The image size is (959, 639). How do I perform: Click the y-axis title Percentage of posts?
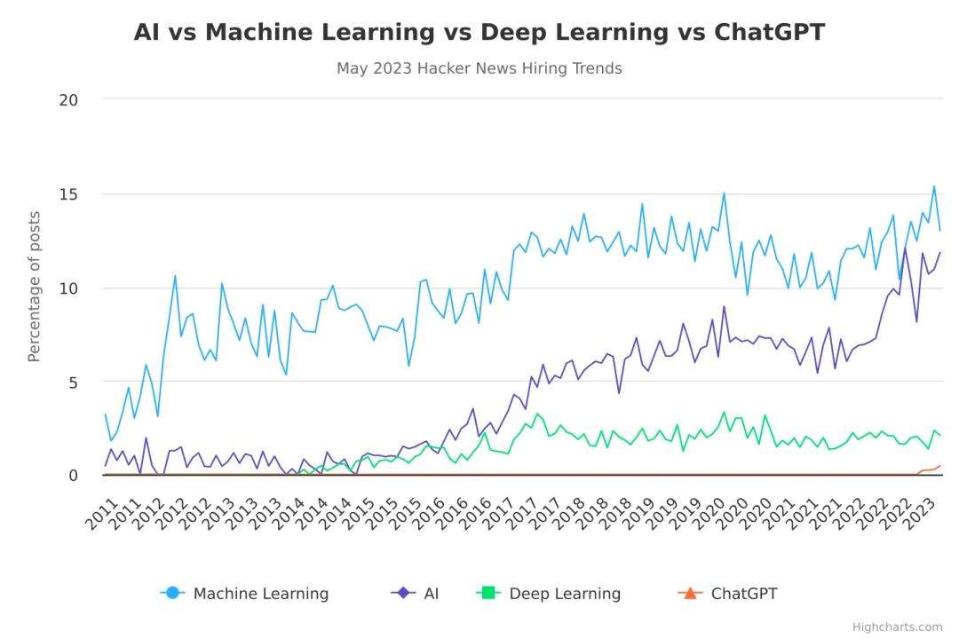pos(35,286)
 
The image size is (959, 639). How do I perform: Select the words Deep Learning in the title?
pos(574,33)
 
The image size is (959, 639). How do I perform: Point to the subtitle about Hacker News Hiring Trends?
pos(479,68)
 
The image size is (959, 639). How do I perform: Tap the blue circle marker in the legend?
pos(173,593)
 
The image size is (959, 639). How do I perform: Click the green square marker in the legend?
pos(487,593)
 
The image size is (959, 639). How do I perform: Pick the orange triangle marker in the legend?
pos(690,593)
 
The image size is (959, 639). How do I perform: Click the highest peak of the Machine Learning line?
pos(934,186)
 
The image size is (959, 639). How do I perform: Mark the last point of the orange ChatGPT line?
pos(939,466)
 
